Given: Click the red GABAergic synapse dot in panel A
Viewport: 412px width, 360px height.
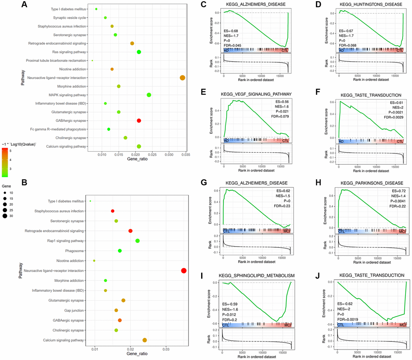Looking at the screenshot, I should pos(139,121).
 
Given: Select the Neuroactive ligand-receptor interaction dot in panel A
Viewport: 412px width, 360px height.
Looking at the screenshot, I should pos(182,78).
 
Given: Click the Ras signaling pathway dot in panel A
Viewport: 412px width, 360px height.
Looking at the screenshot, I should pos(139,52).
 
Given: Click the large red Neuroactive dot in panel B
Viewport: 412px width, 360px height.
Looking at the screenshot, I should pos(184,271).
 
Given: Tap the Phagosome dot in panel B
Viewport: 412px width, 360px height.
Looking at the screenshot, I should pos(120,251).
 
